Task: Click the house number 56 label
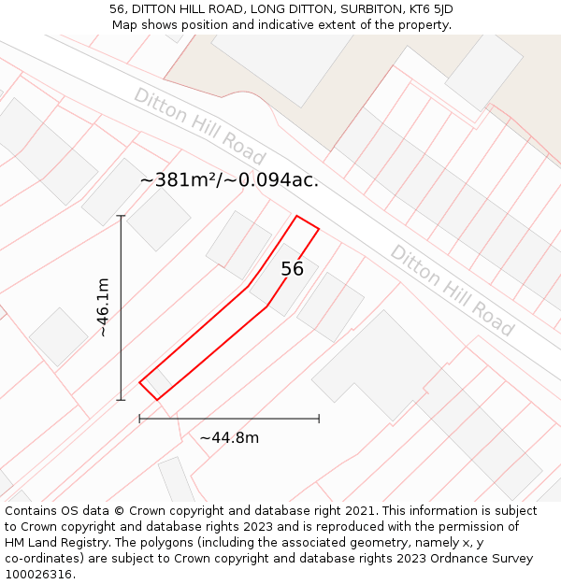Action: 293,269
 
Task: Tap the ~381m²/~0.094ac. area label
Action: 229,180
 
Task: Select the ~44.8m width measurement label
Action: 229,437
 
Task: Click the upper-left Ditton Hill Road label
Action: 199,127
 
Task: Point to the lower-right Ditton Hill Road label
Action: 452,291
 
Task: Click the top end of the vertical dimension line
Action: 121,216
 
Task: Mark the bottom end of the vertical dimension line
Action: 121,400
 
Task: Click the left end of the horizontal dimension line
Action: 139,419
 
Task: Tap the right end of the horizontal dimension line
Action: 319,419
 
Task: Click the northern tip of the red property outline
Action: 297,216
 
